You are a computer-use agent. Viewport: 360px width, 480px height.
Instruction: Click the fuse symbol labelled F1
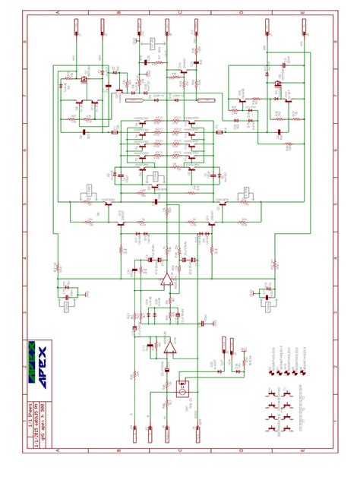point(137,100)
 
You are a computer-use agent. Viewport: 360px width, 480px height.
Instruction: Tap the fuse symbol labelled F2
point(207,100)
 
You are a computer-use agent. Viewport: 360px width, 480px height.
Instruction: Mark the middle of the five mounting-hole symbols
point(286,373)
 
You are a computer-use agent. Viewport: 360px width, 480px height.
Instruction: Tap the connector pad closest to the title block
point(136,434)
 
